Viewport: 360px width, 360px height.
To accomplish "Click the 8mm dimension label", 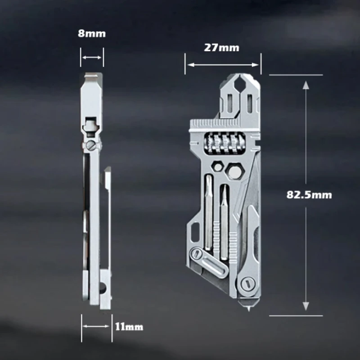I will [92, 34].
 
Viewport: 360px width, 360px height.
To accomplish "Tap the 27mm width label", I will [222, 47].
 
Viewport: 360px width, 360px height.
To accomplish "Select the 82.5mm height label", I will [309, 194].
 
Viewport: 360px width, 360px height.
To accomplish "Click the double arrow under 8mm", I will [92, 57].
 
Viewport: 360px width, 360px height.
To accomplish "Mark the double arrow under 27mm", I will [222, 64].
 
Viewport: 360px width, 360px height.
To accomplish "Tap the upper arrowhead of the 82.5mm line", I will [306, 85].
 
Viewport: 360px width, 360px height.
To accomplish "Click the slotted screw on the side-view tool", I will [92, 145].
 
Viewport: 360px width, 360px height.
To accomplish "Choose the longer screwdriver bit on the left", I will [208, 211].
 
